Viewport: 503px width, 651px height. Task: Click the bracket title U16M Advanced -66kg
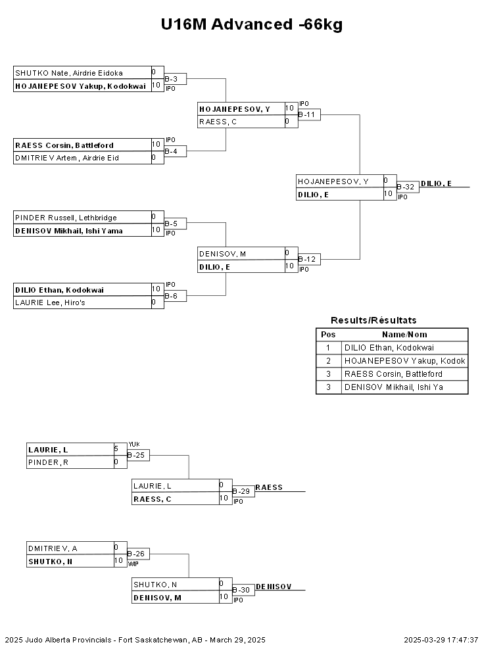(251, 24)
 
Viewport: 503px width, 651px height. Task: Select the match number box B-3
(175, 79)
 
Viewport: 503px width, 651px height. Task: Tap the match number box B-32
(408, 187)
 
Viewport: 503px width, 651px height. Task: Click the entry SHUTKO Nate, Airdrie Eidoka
(69, 73)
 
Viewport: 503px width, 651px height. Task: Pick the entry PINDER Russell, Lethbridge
(66, 218)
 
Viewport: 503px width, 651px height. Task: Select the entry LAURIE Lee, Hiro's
(50, 302)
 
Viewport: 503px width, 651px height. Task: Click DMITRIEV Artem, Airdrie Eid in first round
(67, 158)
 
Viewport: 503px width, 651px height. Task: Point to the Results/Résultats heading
(373, 320)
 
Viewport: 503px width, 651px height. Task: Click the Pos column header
(328, 335)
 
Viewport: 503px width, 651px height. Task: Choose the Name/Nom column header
(404, 335)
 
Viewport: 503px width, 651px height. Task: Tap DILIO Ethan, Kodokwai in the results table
(389, 348)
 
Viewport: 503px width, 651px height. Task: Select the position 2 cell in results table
(328, 361)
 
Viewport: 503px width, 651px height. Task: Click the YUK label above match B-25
(134, 445)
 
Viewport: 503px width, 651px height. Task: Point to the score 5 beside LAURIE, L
(116, 449)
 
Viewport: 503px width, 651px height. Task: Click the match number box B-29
(243, 492)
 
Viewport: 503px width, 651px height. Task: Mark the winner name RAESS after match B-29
(269, 487)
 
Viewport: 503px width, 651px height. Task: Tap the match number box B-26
(138, 554)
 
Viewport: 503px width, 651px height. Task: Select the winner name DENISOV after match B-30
(274, 587)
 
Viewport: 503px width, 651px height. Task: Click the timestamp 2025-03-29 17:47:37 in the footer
(441, 640)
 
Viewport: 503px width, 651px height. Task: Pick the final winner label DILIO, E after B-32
(436, 183)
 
